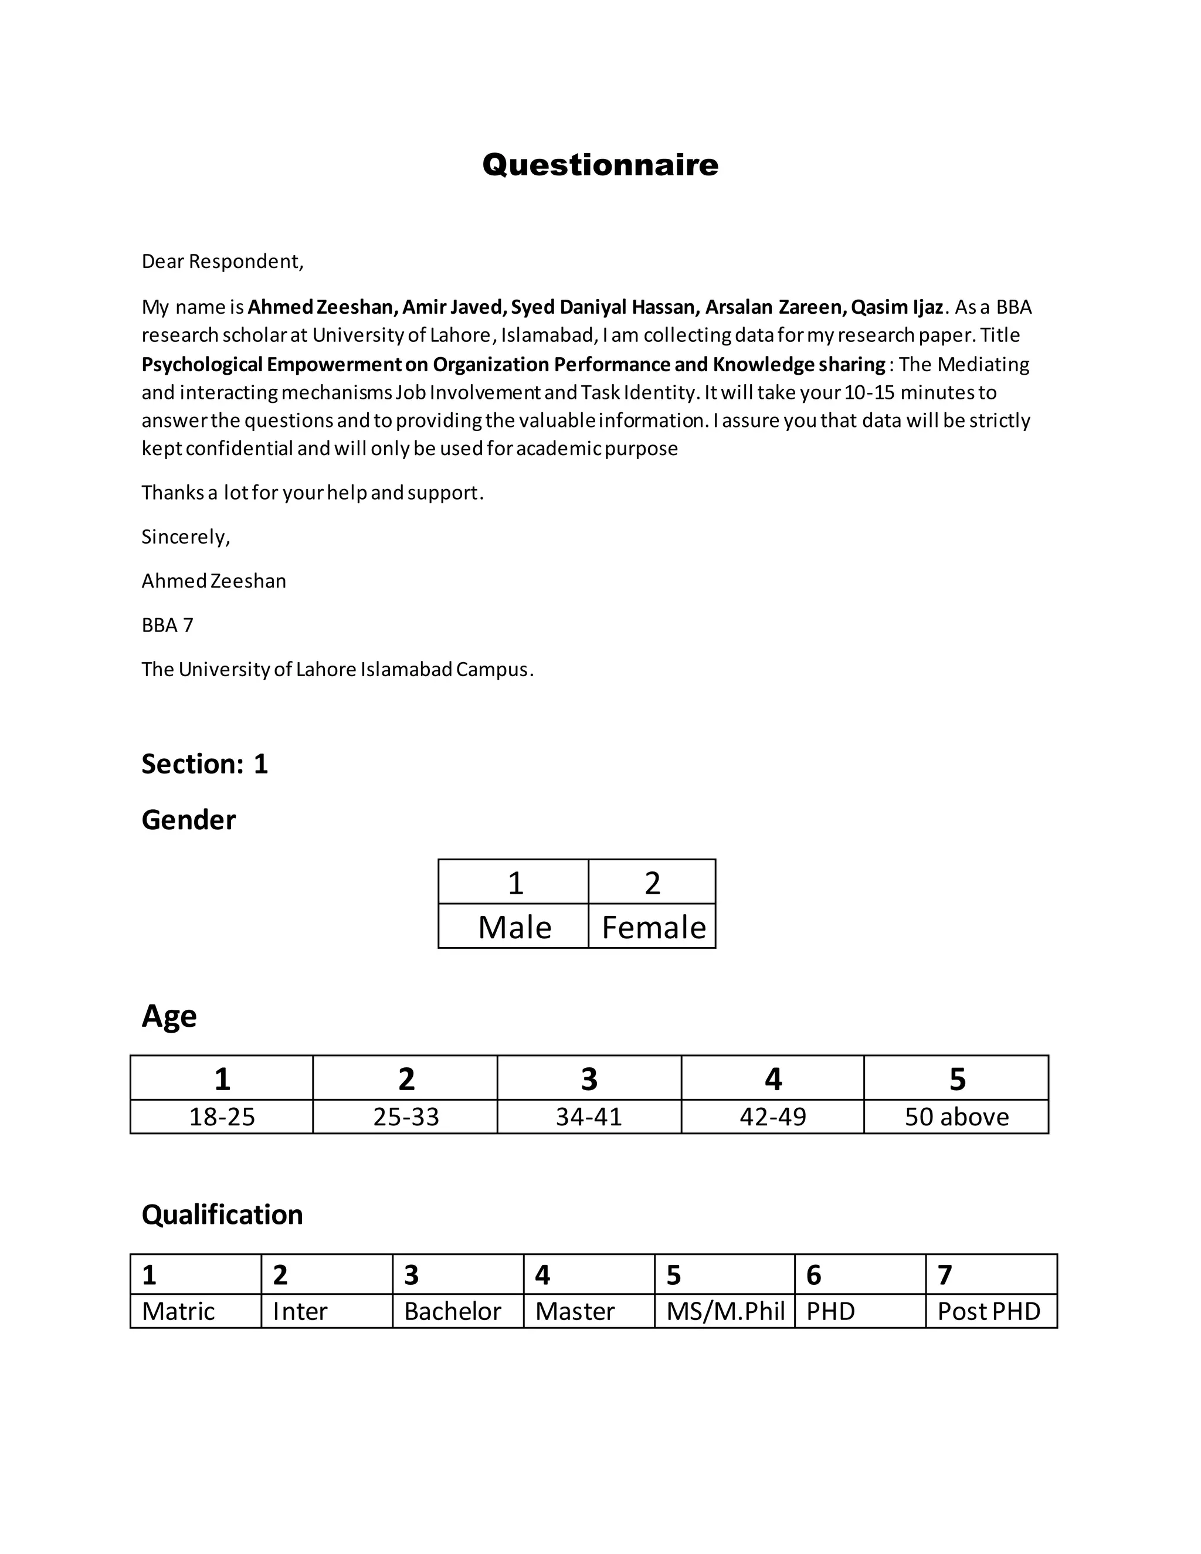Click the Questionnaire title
coord(600,165)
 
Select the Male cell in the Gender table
coord(514,927)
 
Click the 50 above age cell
coord(956,1117)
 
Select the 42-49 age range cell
coord(773,1117)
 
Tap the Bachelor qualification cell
coord(453,1311)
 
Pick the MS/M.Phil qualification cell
coord(725,1311)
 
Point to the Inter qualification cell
coord(300,1311)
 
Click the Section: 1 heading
coord(204,764)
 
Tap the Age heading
coord(169,1015)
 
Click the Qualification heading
coord(222,1214)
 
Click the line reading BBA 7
coord(167,625)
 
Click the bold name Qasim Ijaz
coord(897,307)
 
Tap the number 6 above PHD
coord(814,1275)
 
